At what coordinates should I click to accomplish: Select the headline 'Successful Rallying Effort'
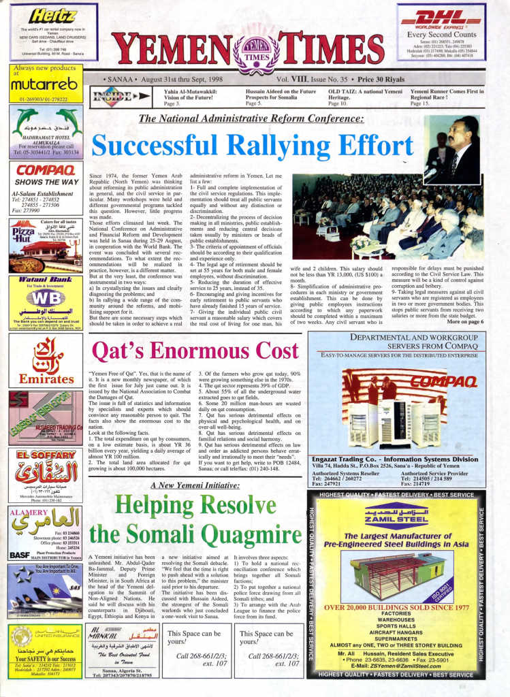(x=251, y=145)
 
